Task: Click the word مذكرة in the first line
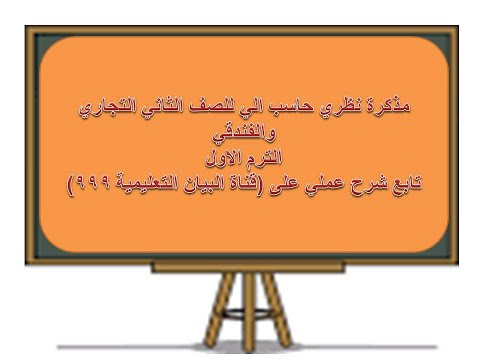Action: coord(388,105)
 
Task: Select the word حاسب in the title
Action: coord(299,105)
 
